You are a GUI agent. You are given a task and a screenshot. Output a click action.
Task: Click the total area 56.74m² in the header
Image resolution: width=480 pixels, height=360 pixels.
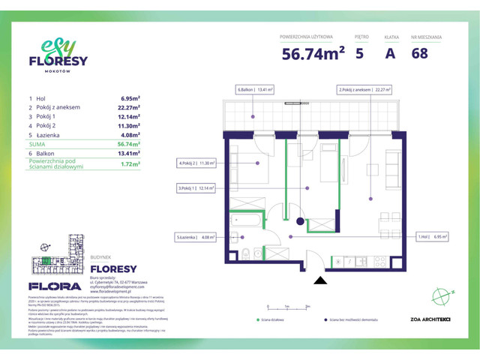pyautogui.click(x=313, y=52)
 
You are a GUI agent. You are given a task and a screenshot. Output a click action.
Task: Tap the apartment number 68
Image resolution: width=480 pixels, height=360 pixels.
pyautogui.click(x=420, y=52)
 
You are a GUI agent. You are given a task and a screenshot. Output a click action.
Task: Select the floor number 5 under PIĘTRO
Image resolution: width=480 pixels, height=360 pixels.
pyautogui.click(x=361, y=52)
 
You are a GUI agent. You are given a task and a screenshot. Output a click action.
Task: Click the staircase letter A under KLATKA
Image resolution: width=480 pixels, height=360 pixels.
pyautogui.click(x=389, y=52)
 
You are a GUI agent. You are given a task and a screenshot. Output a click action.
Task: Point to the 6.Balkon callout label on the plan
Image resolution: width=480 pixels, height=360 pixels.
pyautogui.click(x=256, y=88)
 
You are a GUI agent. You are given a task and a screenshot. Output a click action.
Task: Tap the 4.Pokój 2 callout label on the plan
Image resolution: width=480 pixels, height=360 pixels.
pyautogui.click(x=196, y=162)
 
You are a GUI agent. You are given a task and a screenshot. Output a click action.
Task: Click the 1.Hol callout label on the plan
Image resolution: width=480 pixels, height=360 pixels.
pyautogui.click(x=433, y=237)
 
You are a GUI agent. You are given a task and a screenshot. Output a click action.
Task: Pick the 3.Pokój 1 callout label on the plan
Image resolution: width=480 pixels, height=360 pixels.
pyautogui.click(x=196, y=187)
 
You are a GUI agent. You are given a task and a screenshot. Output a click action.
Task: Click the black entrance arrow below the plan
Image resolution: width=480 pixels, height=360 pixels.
pyautogui.click(x=320, y=280)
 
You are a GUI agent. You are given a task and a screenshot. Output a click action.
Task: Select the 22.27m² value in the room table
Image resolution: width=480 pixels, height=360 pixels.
pyautogui.click(x=130, y=107)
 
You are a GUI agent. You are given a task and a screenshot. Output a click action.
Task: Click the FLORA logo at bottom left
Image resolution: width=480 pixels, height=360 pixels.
pyautogui.click(x=54, y=286)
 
